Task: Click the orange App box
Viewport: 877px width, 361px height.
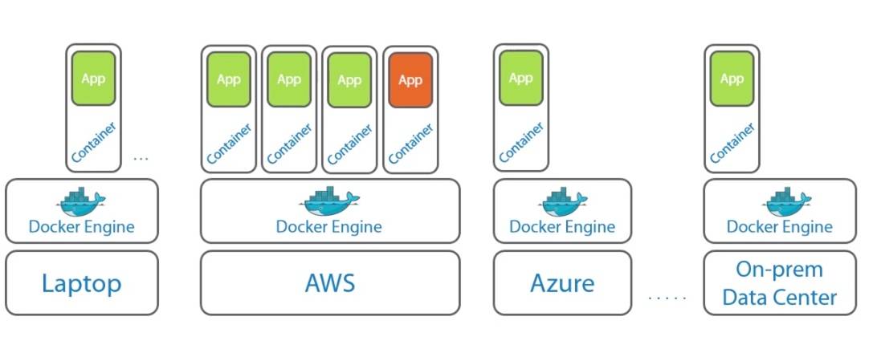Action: (x=410, y=80)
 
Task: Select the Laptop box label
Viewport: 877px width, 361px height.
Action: (x=82, y=283)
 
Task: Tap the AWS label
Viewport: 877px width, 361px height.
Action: (x=330, y=283)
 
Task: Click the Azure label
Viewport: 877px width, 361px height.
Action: (x=562, y=283)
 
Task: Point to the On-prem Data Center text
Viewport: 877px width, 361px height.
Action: (x=779, y=283)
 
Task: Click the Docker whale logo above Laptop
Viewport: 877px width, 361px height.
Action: (x=82, y=202)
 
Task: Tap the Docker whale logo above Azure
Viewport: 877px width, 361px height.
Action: (x=562, y=202)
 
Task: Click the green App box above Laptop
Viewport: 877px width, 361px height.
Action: (x=93, y=79)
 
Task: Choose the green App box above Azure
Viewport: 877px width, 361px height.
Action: (x=520, y=79)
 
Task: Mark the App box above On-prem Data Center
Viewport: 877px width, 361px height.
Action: (x=732, y=79)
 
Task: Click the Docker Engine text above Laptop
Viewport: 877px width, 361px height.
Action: (x=82, y=227)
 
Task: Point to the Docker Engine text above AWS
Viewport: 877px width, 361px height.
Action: (x=329, y=227)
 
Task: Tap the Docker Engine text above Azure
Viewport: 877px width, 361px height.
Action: (x=562, y=227)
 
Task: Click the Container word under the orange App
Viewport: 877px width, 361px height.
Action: (x=411, y=144)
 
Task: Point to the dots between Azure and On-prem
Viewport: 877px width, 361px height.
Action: (x=667, y=298)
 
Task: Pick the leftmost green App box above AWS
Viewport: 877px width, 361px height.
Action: (x=229, y=80)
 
